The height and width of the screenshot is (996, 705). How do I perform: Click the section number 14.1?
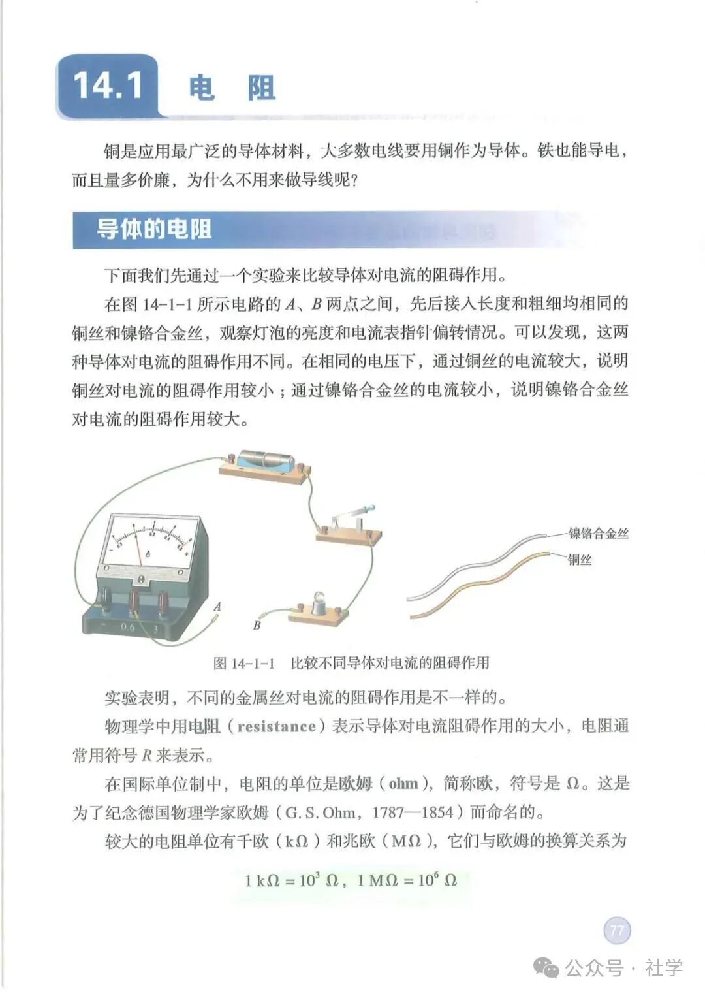108,86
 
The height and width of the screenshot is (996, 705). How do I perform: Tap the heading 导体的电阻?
154,229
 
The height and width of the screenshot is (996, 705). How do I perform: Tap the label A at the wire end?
217,606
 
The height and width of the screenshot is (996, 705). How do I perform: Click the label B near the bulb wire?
257,625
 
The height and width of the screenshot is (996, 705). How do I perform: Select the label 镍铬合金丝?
598,533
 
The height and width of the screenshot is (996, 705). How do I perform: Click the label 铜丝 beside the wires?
579,560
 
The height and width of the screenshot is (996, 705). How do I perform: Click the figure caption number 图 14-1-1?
244,663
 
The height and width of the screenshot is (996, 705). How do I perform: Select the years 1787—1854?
413,812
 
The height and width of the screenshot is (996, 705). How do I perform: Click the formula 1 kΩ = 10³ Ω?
291,880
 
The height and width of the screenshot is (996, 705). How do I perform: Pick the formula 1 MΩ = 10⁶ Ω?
407,880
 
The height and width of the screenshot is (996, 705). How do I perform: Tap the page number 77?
617,930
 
